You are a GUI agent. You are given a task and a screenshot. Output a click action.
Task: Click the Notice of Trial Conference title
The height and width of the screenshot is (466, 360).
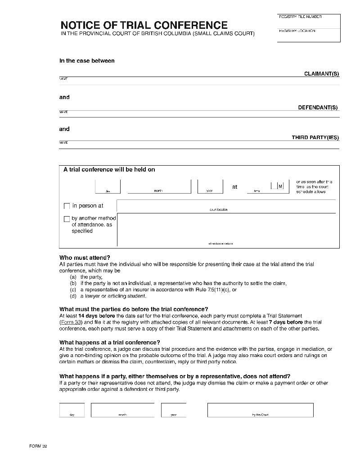(144, 25)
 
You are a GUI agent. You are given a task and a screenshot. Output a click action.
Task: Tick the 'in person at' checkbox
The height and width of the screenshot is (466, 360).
(67, 206)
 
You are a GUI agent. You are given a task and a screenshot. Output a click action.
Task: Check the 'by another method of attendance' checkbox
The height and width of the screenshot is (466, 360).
(67, 219)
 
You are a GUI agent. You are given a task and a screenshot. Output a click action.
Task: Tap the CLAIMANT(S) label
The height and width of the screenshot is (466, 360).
(321, 74)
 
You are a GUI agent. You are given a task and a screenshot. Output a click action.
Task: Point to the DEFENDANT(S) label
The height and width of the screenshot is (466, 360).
(318, 108)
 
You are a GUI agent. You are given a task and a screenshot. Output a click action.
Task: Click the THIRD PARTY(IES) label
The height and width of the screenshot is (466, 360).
(315, 138)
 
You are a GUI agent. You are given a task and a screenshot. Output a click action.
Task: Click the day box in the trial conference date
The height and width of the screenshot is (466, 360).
(108, 186)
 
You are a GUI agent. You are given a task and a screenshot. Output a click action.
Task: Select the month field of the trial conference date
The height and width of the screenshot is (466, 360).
(159, 186)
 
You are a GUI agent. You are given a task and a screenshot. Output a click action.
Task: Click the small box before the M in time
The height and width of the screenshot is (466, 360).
(274, 186)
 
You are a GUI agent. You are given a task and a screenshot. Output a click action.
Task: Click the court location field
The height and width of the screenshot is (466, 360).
(226, 206)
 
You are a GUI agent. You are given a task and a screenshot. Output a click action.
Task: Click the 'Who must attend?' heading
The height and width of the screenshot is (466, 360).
(85, 258)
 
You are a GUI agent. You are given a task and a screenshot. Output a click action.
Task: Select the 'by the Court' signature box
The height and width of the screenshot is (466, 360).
(260, 409)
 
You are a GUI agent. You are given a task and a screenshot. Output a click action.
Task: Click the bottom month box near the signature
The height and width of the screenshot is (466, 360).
(122, 409)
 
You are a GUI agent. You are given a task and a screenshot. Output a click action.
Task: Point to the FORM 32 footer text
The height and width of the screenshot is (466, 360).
(38, 446)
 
